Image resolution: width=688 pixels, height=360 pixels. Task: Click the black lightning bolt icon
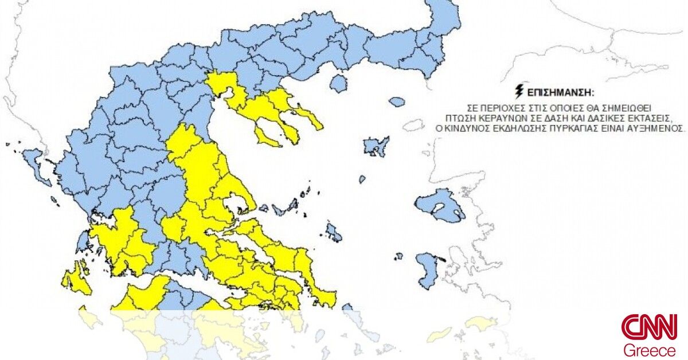tap(520, 92)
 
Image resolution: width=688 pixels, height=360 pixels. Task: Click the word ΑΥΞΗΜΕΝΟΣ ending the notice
tap(659, 129)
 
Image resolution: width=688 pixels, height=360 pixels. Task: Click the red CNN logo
tap(649, 327)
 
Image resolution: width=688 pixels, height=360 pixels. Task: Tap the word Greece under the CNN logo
tap(650, 350)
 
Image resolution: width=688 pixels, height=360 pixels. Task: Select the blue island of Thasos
tap(339, 84)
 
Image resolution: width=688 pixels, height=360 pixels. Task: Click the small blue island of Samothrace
tap(397, 102)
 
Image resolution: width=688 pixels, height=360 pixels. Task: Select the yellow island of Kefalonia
tap(75, 277)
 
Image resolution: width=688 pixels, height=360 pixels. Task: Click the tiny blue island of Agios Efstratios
tap(362, 179)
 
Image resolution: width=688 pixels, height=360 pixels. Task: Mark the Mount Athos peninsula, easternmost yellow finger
tap(310, 118)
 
